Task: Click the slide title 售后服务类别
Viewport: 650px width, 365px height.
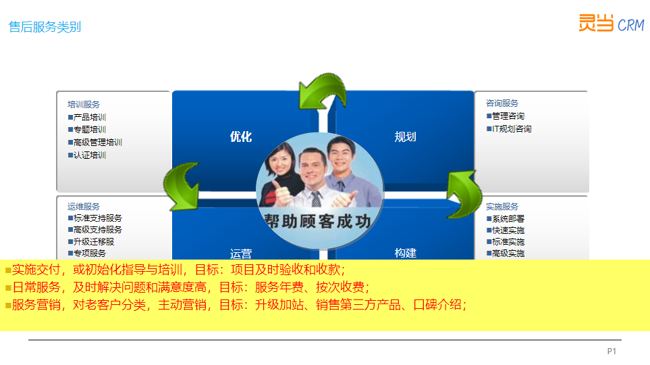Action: (45, 27)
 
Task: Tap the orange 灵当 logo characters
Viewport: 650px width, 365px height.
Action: (596, 23)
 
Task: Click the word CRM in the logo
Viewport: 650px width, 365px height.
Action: (631, 25)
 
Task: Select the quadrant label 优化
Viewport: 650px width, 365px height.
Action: (241, 137)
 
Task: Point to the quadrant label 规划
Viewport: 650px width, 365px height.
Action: (405, 137)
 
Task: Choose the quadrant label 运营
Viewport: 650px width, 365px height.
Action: (241, 253)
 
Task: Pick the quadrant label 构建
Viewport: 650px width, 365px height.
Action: (405, 253)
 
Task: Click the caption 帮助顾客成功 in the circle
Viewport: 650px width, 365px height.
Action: (317, 221)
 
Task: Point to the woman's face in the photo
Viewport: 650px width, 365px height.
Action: (280, 160)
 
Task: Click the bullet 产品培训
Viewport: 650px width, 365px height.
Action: (87, 118)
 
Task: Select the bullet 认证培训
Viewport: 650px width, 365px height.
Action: (87, 155)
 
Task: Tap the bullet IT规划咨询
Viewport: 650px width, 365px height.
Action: (509, 129)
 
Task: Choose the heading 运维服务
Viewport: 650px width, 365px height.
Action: (84, 206)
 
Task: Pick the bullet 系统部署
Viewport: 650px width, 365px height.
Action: (506, 219)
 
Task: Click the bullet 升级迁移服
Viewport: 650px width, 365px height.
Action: (91, 242)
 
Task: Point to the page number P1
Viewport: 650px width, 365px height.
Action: (612, 351)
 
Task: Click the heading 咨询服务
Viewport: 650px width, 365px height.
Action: (502, 103)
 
